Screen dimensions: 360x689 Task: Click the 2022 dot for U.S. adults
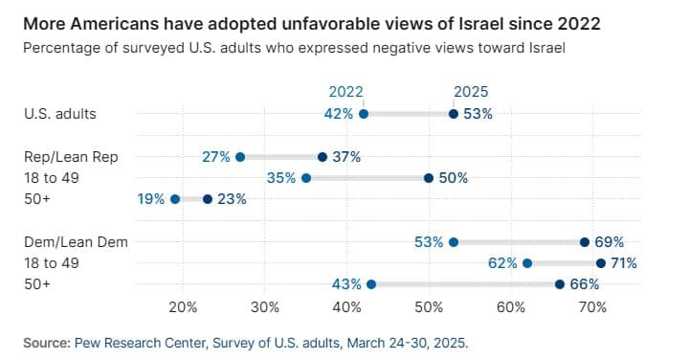(x=363, y=114)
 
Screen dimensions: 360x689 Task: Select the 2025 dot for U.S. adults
(x=454, y=114)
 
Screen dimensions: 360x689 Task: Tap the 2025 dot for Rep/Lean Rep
(x=322, y=157)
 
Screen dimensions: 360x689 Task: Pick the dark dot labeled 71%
(x=601, y=262)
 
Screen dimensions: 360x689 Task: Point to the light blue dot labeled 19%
(x=174, y=199)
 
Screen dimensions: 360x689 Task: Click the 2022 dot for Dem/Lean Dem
(x=454, y=242)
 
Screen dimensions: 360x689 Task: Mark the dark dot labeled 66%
(x=560, y=283)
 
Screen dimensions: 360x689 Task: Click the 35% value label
(x=281, y=178)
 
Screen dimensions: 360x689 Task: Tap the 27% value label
(x=216, y=157)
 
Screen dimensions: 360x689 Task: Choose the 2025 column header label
(x=471, y=92)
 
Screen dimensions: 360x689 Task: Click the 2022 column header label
(x=345, y=92)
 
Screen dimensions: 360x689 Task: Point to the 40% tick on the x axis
(x=346, y=307)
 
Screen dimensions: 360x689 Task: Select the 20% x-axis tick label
(x=182, y=307)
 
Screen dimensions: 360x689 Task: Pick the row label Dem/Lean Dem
(x=65, y=242)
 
